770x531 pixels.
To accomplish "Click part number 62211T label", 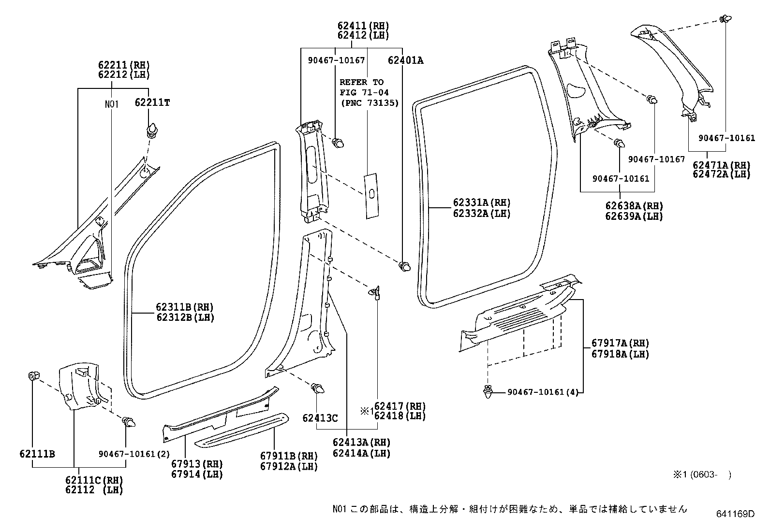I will point(152,103).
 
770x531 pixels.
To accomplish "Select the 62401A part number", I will point(405,60).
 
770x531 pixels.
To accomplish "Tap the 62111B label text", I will point(37,454).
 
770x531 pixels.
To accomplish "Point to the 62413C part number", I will point(320,418).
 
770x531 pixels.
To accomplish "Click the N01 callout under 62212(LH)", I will point(112,104).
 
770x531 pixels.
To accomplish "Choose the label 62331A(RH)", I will point(482,203).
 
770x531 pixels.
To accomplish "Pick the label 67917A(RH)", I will point(620,344).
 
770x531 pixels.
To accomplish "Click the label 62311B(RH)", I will point(184,307).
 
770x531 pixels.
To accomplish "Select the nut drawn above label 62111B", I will point(34,375).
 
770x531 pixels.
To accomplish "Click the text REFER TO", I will point(361,82).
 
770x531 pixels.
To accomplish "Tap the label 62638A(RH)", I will point(634,206).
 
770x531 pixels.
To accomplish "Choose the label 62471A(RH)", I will point(721,165).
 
